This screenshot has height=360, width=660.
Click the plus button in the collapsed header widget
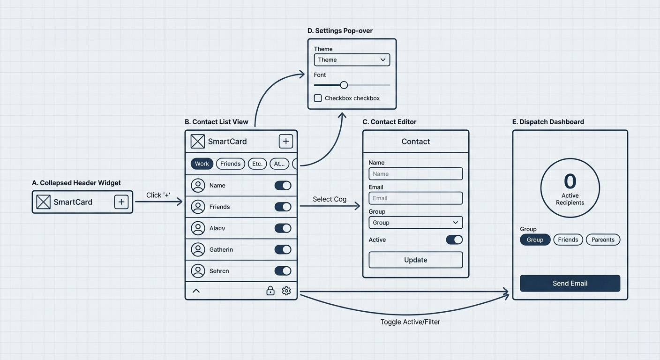click(x=121, y=202)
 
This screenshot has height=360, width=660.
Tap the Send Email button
click(x=570, y=283)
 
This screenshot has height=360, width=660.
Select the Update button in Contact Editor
click(x=415, y=260)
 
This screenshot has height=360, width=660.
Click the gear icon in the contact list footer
click(x=286, y=291)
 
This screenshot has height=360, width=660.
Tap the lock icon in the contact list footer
click(x=270, y=291)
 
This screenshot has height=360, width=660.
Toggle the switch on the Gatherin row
click(x=283, y=249)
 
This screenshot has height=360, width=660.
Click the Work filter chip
click(x=202, y=164)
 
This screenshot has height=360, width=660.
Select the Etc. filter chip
click(x=257, y=164)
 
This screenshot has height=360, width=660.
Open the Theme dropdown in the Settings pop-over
click(x=352, y=60)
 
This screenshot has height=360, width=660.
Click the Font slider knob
click(x=344, y=85)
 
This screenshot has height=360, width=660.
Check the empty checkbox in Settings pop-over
click(x=318, y=98)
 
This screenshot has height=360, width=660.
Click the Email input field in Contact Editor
click(x=415, y=198)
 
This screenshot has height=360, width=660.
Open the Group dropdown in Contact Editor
click(x=415, y=222)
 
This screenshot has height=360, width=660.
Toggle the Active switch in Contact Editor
click(x=454, y=240)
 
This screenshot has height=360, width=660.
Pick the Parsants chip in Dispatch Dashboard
click(x=603, y=240)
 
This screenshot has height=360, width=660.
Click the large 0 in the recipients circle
click(x=570, y=181)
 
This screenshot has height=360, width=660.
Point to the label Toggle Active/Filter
click(x=410, y=322)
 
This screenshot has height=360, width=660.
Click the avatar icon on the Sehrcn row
click(x=198, y=271)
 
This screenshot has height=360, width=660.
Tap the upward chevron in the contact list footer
click(x=196, y=291)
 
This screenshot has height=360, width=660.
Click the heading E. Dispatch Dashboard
click(x=548, y=122)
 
